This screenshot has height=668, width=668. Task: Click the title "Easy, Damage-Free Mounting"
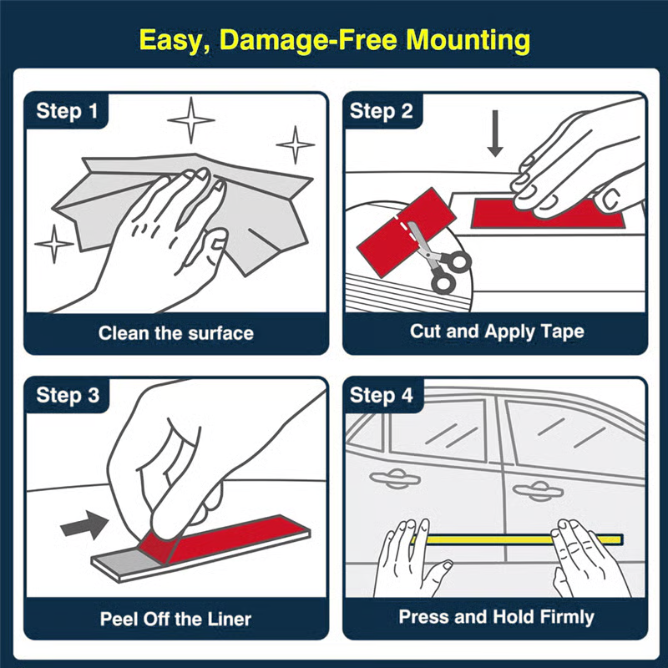coord(334,39)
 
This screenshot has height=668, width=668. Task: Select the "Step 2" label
coord(382,111)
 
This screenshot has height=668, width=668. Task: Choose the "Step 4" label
coord(382,395)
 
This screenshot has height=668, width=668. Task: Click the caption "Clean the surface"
coord(175,333)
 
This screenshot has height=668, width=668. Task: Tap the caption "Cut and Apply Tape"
coord(496,331)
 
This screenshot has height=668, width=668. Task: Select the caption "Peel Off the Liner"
coord(175,619)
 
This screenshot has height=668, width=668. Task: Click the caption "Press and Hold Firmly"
coord(496,617)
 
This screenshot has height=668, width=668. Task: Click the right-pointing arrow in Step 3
coord(85,525)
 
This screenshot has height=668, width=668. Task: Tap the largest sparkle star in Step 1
coord(191,119)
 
